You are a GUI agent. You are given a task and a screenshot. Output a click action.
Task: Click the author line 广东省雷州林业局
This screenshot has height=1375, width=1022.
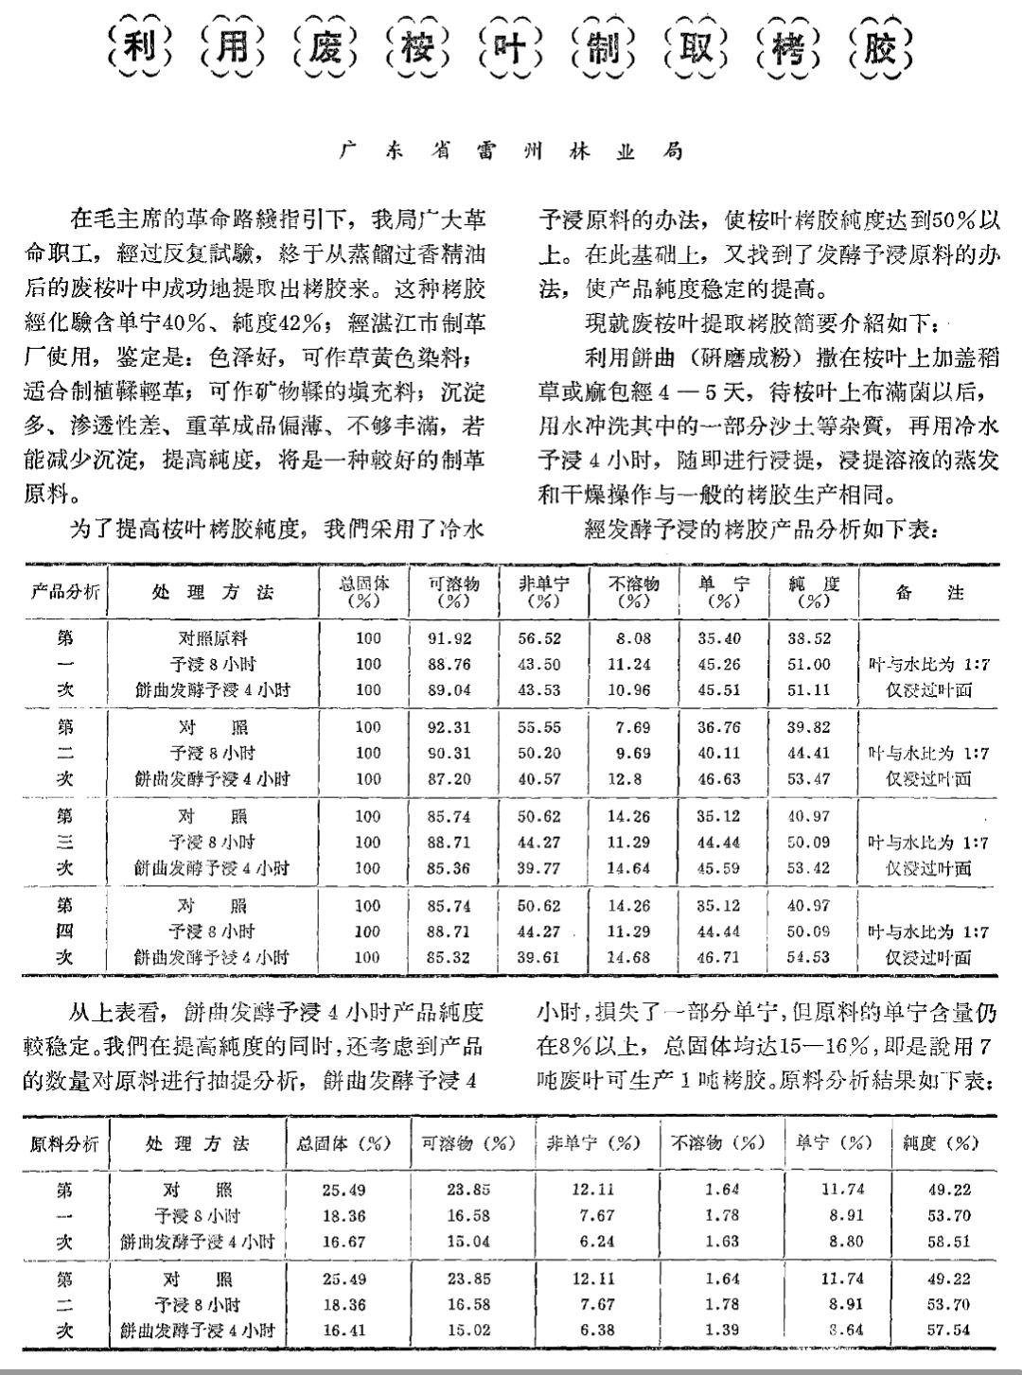click(511, 152)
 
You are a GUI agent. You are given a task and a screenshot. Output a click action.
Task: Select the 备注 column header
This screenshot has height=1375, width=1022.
click(928, 593)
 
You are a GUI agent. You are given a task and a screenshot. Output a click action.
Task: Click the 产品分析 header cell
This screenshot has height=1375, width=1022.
click(65, 592)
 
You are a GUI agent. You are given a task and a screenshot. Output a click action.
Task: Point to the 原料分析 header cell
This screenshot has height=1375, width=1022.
click(64, 1144)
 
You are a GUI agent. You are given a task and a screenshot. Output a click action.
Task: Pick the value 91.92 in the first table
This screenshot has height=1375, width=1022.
click(449, 639)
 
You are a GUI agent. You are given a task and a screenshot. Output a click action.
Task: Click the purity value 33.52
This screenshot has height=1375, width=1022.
click(808, 639)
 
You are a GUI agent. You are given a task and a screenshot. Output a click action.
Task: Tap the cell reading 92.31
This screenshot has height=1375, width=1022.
click(449, 728)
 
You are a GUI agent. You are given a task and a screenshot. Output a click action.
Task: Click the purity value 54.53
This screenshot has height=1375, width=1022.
click(808, 957)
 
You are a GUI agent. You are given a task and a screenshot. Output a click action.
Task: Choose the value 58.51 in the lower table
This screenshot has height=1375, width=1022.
click(948, 1242)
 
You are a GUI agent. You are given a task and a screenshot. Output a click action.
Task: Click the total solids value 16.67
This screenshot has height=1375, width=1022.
click(344, 1242)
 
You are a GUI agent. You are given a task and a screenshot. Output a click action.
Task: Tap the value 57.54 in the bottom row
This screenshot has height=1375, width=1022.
click(948, 1330)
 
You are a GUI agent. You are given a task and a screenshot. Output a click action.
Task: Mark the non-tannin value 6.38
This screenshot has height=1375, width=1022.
click(593, 1330)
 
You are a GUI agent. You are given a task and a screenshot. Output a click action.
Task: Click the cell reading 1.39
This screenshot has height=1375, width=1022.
click(722, 1330)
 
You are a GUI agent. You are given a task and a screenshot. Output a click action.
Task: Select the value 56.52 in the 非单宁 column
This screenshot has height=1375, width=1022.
click(538, 639)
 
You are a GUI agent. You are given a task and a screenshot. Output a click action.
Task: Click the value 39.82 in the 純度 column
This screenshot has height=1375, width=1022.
click(808, 728)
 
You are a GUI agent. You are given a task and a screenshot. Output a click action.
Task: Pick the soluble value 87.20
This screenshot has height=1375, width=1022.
click(449, 779)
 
